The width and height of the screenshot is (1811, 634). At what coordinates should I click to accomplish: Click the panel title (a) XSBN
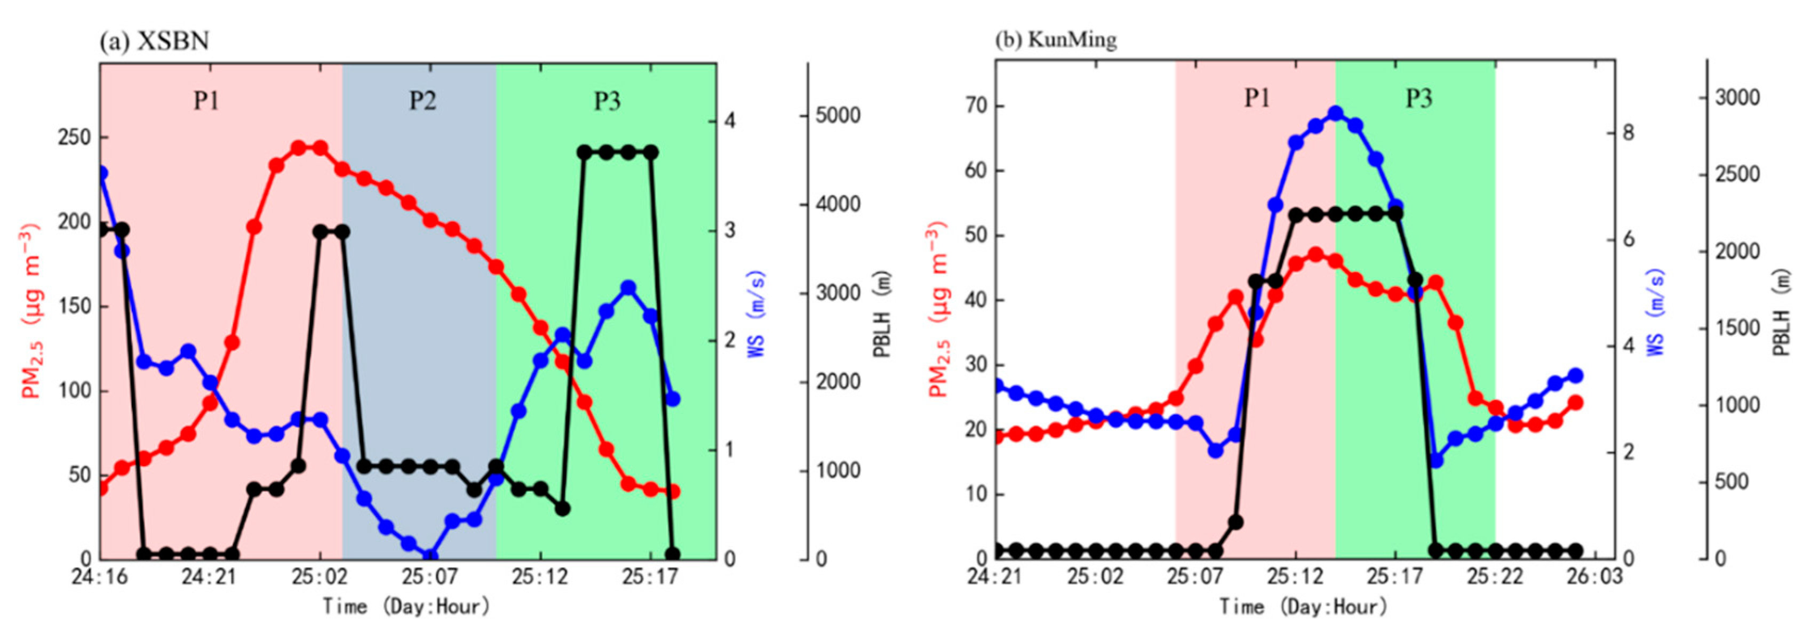(154, 41)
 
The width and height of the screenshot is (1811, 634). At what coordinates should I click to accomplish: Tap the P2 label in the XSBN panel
(422, 101)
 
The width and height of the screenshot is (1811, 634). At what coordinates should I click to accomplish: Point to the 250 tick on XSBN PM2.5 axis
(74, 138)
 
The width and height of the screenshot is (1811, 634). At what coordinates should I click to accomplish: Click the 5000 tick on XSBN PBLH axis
(838, 115)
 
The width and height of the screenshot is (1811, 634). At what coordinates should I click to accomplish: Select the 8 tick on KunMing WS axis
(1628, 133)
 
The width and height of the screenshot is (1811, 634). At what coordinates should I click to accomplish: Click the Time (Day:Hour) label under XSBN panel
(405, 606)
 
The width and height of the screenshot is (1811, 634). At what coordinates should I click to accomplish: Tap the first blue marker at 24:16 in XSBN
(101, 173)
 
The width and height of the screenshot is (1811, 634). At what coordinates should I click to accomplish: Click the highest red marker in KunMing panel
(1315, 254)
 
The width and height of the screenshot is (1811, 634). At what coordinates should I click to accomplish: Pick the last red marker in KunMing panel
(1575, 403)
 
